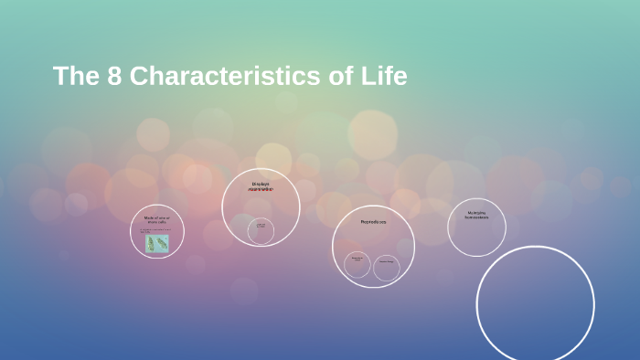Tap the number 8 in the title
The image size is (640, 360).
pyautogui.click(x=114, y=77)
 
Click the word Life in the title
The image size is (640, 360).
pyautogui.click(x=384, y=77)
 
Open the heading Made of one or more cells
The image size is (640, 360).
pyautogui.click(x=156, y=219)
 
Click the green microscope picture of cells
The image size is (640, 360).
pyautogui.click(x=157, y=243)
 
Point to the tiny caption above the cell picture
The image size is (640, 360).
pyautogui.click(x=155, y=230)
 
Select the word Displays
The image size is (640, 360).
pyautogui.click(x=261, y=184)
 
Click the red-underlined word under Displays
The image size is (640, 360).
pyautogui.click(x=261, y=190)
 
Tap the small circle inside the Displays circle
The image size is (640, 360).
pyautogui.click(x=261, y=230)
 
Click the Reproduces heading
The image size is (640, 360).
pyautogui.click(x=373, y=222)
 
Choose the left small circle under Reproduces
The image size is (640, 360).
pyautogui.click(x=357, y=265)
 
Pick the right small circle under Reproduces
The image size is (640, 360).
pyautogui.click(x=387, y=267)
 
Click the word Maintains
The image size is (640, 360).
pyautogui.click(x=476, y=213)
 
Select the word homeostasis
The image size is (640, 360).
pyautogui.click(x=476, y=217)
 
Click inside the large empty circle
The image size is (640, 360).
pyautogui.click(x=535, y=304)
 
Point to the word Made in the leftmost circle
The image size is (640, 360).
pyautogui.click(x=148, y=217)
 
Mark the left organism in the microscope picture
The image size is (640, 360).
pyautogui.click(x=151, y=243)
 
